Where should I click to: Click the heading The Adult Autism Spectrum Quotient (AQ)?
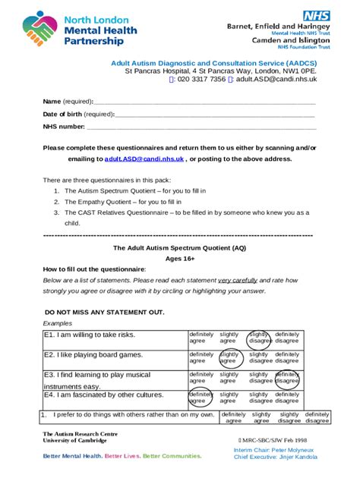click(x=179, y=247)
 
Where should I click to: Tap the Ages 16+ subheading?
click(x=179, y=258)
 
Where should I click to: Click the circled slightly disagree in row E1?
click(x=259, y=338)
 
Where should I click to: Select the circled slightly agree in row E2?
click(x=229, y=357)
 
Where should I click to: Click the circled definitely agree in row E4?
click(x=201, y=398)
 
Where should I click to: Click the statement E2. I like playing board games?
click(x=93, y=354)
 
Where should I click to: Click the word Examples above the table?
click(x=58, y=323)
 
